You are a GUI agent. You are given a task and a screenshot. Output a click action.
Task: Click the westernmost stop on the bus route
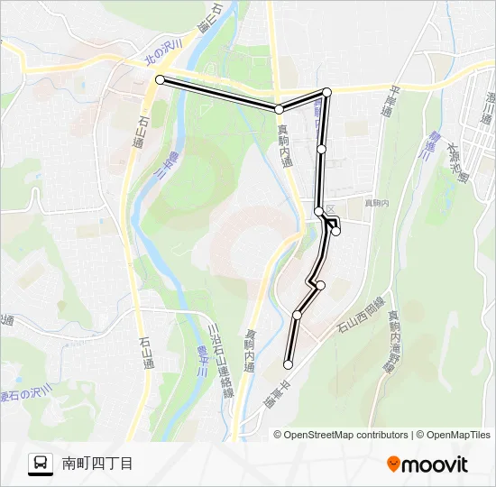(161, 80)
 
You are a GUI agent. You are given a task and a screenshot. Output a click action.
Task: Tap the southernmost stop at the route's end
(288, 364)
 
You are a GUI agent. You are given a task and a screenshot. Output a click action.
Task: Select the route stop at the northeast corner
(326, 92)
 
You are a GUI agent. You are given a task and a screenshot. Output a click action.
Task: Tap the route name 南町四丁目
(97, 464)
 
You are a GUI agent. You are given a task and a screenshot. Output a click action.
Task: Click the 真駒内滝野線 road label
(392, 342)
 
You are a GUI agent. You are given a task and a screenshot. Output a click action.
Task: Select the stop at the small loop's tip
(335, 231)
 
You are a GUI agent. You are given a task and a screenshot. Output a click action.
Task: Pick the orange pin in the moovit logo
(393, 464)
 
